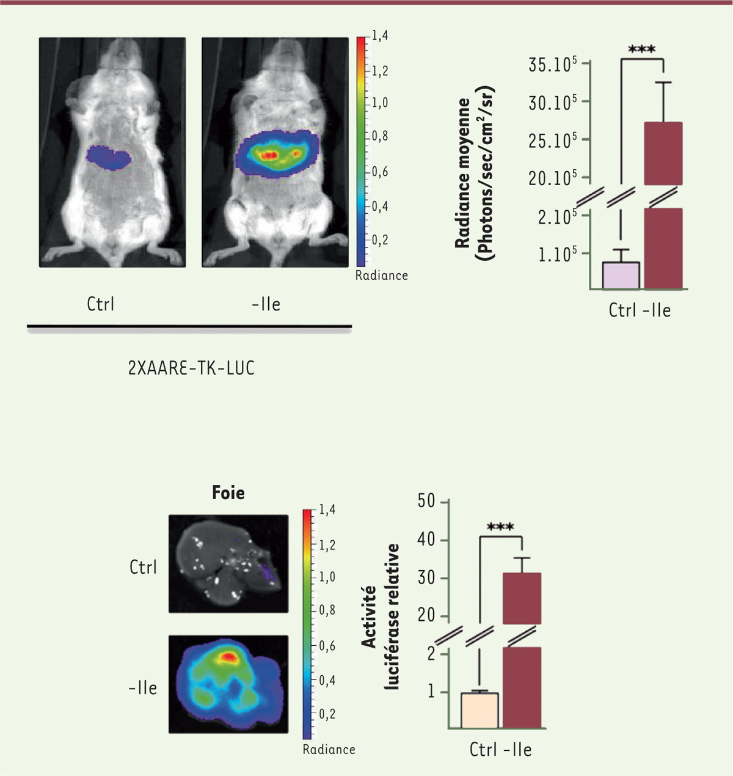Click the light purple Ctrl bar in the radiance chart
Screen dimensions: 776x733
click(621, 276)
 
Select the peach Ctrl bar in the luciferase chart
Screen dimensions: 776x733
click(480, 711)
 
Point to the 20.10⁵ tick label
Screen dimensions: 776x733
click(552, 178)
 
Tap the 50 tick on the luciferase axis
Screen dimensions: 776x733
click(426, 502)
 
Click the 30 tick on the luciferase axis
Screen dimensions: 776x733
click(426, 578)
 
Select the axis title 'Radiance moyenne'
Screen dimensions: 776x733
click(463, 173)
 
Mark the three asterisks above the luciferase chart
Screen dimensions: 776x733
click(500, 527)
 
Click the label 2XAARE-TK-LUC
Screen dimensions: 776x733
click(191, 368)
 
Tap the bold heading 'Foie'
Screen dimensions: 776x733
click(228, 492)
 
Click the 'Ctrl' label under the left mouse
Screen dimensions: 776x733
click(101, 304)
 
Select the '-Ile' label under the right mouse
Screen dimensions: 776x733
click(266, 304)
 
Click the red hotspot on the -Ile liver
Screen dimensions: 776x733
click(228, 657)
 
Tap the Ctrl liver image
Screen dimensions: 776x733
click(228, 563)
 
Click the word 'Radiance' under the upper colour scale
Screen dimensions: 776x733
click(381, 276)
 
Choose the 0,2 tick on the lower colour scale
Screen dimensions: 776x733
click(327, 714)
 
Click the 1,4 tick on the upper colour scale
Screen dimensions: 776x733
click(380, 36)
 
